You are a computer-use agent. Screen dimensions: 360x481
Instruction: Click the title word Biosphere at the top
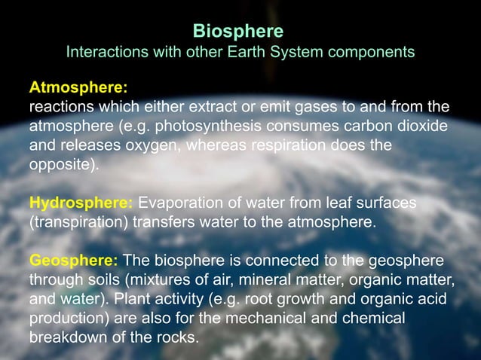tap(238, 31)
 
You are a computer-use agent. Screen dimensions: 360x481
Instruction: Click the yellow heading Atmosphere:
tap(78, 87)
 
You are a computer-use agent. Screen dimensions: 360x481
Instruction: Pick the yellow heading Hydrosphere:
tap(81, 203)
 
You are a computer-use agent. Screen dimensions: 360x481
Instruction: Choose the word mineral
tap(261, 280)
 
